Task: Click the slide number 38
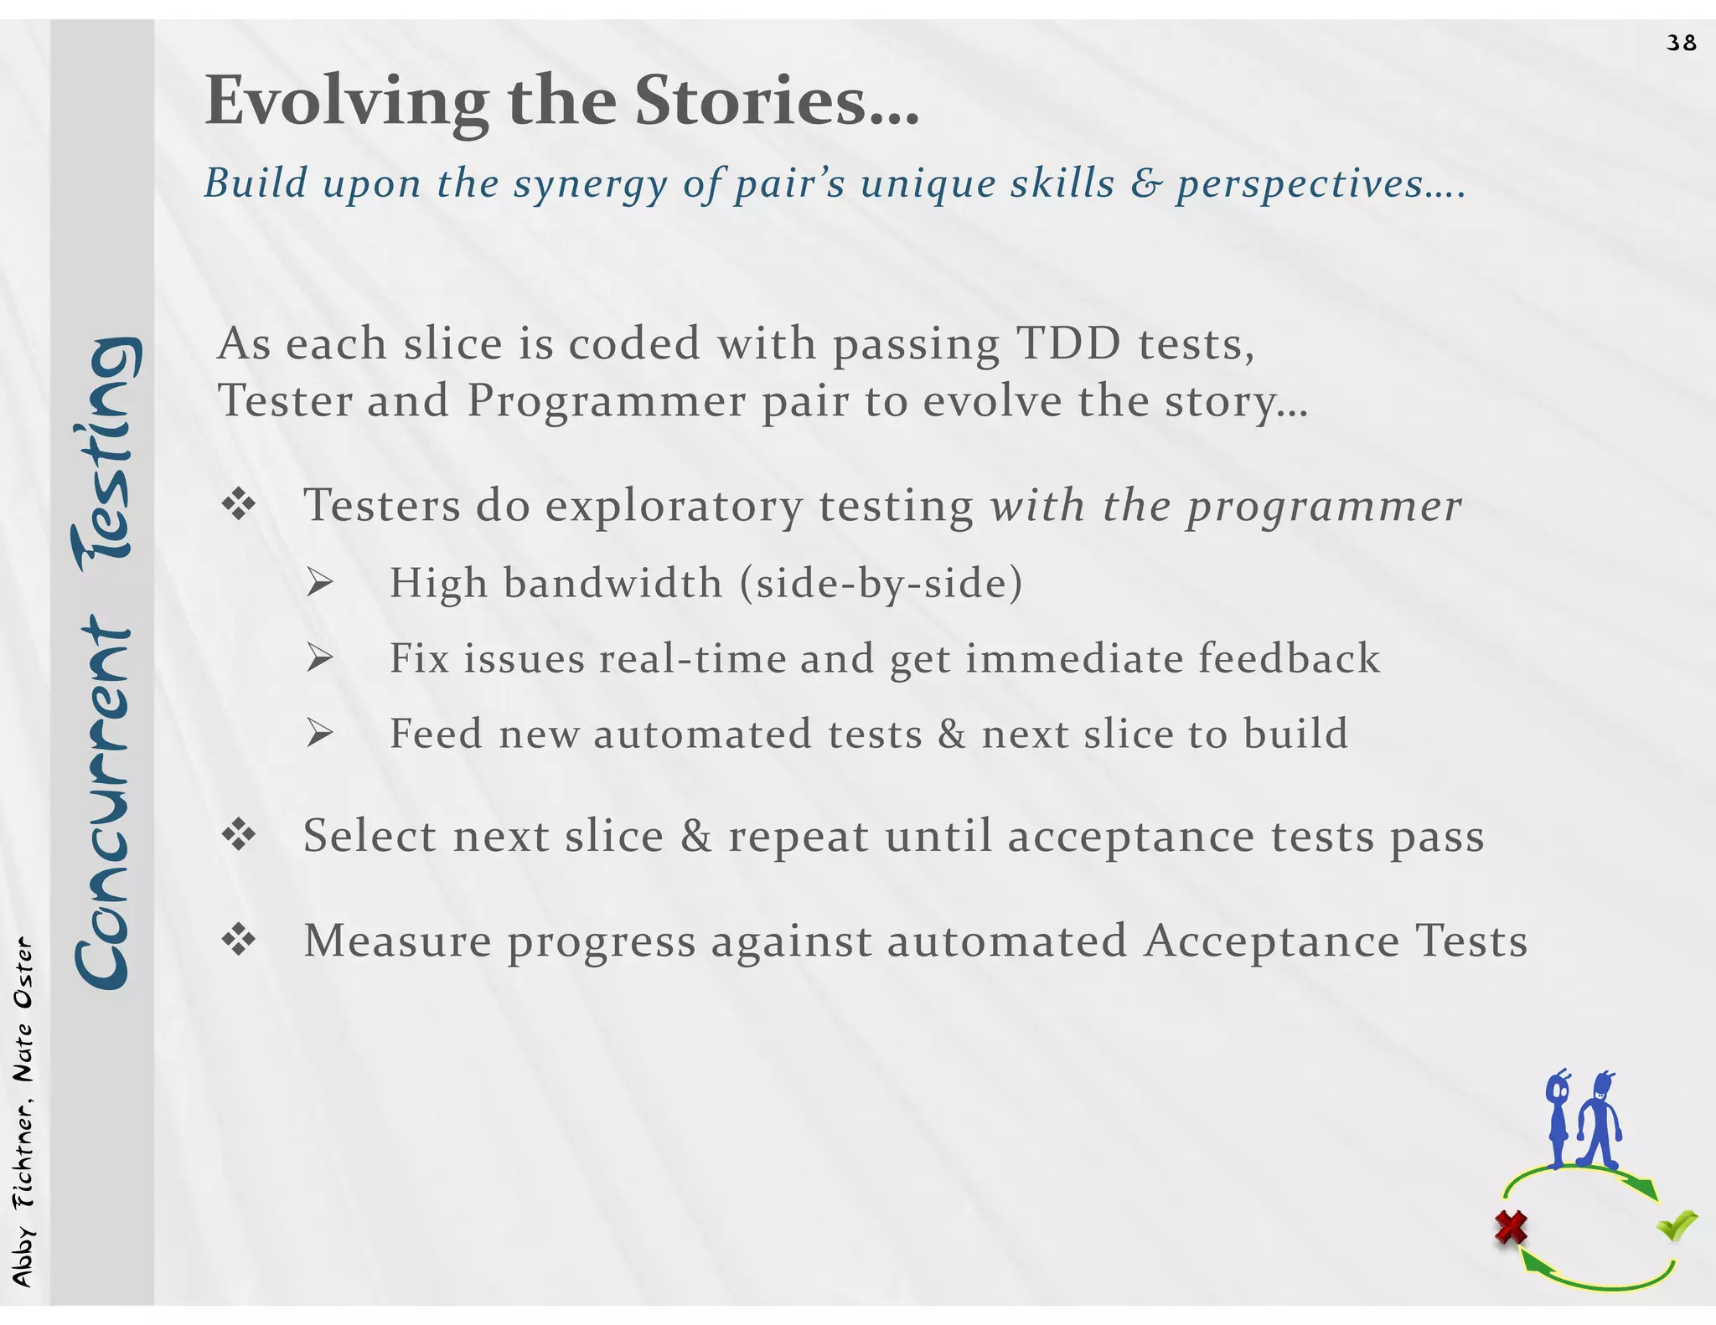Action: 1681,43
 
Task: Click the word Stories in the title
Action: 776,101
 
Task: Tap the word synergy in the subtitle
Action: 590,184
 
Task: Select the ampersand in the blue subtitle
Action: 1145,183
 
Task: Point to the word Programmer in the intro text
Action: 606,400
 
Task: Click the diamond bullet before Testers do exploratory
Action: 239,505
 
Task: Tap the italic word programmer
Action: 1324,507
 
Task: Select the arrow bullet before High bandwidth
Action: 319,583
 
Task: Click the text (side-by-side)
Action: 881,583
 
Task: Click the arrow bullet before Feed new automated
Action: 319,735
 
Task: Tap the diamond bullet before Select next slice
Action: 239,835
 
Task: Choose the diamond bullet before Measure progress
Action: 239,941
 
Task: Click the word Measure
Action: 397,941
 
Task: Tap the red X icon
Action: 1511,1229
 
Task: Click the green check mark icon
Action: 1676,1226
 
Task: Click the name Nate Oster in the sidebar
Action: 23,1010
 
